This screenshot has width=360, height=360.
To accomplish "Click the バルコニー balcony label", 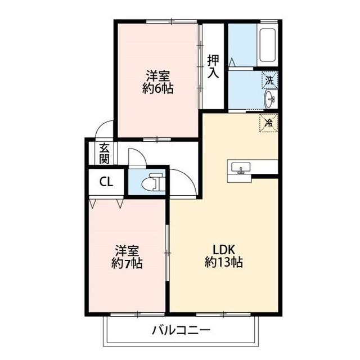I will (x=181, y=330).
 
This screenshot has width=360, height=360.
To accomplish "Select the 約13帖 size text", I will (x=223, y=262).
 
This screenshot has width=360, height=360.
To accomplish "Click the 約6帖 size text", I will (x=157, y=88).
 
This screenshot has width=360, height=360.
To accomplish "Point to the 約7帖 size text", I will (x=127, y=262).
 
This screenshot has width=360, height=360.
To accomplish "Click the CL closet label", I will (x=106, y=182).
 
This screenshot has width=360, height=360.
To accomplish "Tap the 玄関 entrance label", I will (x=105, y=153).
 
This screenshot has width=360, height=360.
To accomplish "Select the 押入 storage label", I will (x=213, y=66).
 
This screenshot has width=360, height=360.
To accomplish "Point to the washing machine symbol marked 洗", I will (x=269, y=80).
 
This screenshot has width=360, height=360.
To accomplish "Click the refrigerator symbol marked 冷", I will (x=268, y=122).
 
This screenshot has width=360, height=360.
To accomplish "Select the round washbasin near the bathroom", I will (x=271, y=100).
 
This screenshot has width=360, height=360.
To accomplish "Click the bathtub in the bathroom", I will (x=268, y=44).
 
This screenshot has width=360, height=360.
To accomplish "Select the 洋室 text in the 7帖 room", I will (x=127, y=250).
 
